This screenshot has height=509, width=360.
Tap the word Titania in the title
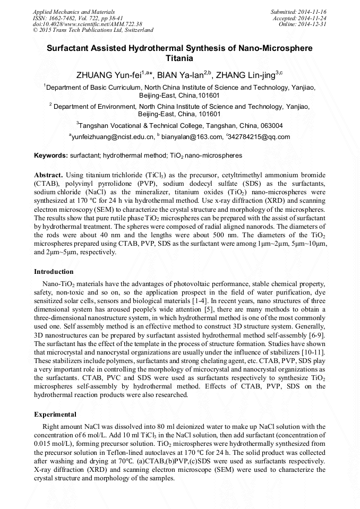pyautogui.click(x=179, y=58)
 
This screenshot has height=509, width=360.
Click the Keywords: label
pyautogui.click(x=50, y=156)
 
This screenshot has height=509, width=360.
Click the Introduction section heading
pyautogui.click(x=54, y=272)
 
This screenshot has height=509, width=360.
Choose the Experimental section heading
pyautogui.click(x=55, y=414)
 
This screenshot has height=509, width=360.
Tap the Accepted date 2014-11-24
pyautogui.click(x=312, y=18)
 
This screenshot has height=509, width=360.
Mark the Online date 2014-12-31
pyautogui.click(x=314, y=24)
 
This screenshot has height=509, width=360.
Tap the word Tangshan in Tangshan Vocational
pyautogui.click(x=95, y=126)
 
